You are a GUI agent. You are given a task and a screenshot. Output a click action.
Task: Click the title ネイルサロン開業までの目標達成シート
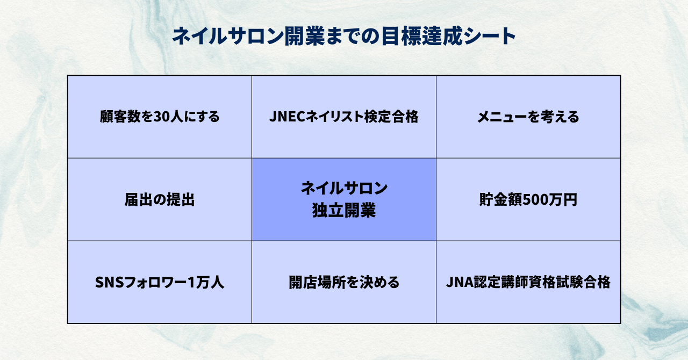[x=344, y=37]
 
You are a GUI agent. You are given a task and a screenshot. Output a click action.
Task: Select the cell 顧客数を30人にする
[x=160, y=117]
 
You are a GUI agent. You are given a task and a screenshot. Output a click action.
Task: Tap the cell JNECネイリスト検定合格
[x=344, y=117]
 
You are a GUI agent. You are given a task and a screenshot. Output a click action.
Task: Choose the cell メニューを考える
[x=528, y=117]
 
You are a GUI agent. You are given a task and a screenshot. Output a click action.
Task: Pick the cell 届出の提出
[x=160, y=200]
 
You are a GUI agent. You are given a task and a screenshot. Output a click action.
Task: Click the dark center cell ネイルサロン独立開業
[x=344, y=199]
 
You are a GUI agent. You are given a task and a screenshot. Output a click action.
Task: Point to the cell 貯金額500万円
[x=528, y=200]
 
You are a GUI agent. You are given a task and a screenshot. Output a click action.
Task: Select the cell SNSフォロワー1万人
[x=160, y=283]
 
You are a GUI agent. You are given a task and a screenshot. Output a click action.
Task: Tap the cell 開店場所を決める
[x=344, y=283]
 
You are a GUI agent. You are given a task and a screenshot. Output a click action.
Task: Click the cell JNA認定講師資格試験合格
[x=528, y=283]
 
